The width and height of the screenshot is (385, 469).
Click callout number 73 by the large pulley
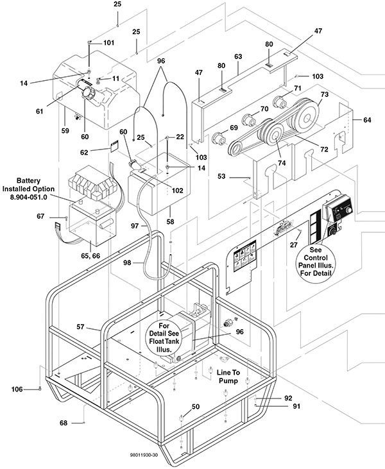(324, 94)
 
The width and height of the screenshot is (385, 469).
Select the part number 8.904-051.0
(28, 198)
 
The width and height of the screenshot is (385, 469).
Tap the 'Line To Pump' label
(228, 377)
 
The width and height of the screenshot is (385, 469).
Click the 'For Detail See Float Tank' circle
(164, 337)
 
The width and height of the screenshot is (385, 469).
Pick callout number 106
(17, 389)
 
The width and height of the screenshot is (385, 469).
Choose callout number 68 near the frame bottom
(64, 423)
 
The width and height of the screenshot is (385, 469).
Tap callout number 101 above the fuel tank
(108, 43)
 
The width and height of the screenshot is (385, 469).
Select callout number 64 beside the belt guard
(367, 120)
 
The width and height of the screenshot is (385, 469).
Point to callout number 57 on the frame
(80, 327)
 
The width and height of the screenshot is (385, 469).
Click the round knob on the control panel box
(348, 210)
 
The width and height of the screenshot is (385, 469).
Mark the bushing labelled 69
(219, 138)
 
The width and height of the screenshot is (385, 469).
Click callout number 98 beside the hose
(127, 263)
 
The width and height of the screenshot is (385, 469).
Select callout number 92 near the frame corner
(288, 398)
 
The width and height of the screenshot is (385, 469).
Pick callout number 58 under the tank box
(170, 221)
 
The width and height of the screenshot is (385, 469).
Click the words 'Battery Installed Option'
(28, 185)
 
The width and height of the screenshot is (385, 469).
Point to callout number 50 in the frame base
(195, 407)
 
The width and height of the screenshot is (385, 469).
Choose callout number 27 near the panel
(294, 245)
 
